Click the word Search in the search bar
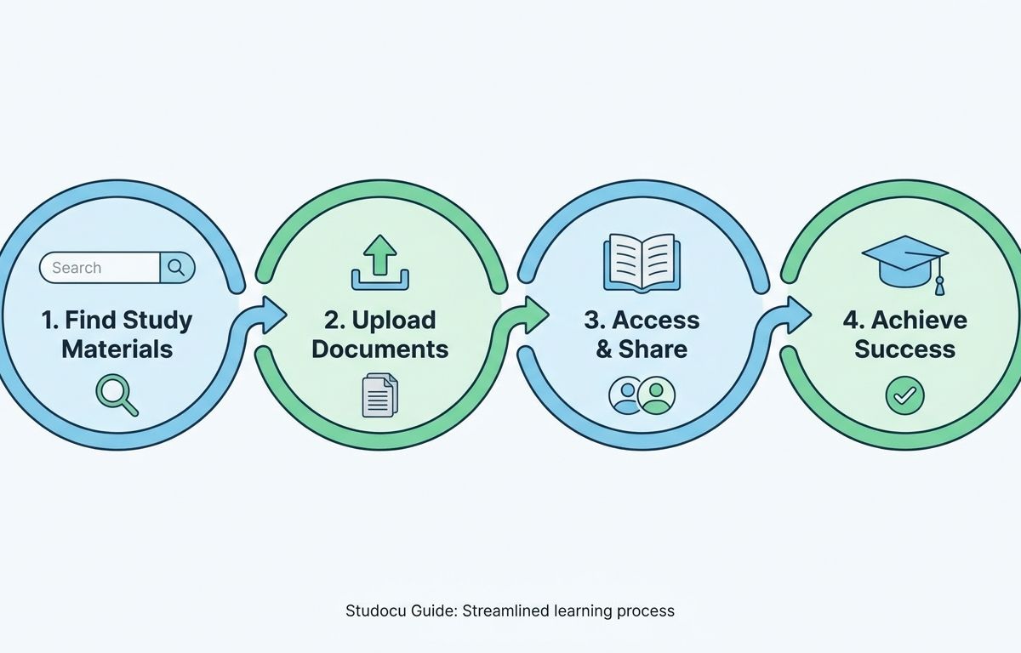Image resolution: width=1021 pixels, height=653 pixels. click(77, 268)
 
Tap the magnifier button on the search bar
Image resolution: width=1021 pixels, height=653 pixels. click(177, 268)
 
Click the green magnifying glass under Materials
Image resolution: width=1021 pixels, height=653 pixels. click(117, 395)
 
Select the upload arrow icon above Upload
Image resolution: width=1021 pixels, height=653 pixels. click(380, 262)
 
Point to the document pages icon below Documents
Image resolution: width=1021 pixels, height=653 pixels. click(379, 395)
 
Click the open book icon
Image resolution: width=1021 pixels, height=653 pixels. click(642, 262)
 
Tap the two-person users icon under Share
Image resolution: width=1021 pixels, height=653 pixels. click(642, 395)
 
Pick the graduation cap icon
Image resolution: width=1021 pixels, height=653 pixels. click(905, 264)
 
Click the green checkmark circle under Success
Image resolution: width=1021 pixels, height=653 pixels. click(904, 395)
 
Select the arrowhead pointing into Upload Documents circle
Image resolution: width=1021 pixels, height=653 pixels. click(274, 315)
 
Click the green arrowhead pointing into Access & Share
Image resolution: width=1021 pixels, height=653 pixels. click(537, 315)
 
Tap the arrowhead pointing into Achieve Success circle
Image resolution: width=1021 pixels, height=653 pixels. click(799, 315)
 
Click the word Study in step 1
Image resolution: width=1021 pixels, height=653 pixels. click(157, 321)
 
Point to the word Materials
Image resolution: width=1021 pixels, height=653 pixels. click(117, 349)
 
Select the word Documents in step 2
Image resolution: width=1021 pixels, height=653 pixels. click(380, 349)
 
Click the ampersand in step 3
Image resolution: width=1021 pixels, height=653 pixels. click(604, 349)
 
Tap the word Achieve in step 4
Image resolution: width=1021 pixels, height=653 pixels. click(919, 321)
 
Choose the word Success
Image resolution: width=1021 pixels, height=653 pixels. click(904, 349)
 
